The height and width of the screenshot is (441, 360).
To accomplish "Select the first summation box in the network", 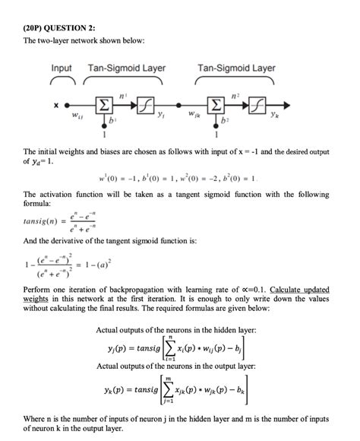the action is (101, 104).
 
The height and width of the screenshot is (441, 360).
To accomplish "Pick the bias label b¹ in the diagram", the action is (113, 120).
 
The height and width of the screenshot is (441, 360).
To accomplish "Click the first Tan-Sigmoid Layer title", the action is (128, 68).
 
